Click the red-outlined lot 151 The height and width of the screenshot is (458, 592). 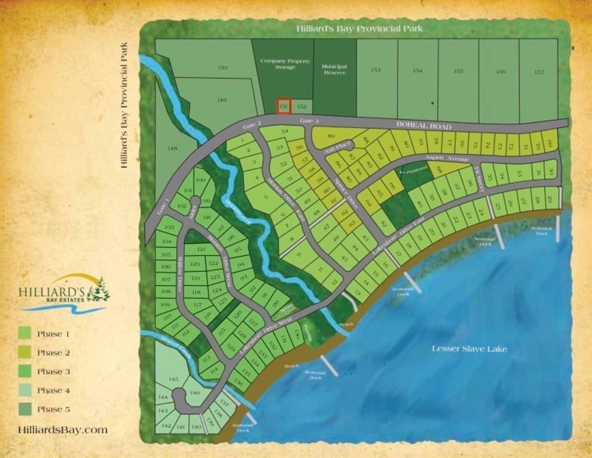(284, 106)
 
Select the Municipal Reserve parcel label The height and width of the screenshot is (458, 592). (334, 70)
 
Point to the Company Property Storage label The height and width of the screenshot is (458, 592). (284, 64)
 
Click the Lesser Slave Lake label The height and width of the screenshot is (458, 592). (469, 348)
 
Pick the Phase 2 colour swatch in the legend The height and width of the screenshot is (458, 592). (25, 352)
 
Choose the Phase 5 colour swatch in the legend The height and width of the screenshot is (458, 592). (25, 409)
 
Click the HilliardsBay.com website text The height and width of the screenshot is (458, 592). (63, 430)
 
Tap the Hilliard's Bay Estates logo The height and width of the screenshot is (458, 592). (64, 293)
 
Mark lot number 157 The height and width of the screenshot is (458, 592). (539, 71)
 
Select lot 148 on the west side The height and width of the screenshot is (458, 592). (173, 148)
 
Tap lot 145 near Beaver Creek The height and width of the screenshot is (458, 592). (173, 379)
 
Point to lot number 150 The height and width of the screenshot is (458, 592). (222, 68)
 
